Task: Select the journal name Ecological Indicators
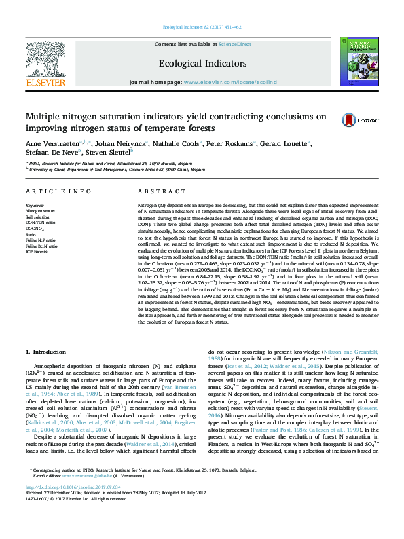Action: pyautogui.click(x=202, y=63)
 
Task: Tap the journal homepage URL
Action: pyautogui.click(x=230, y=82)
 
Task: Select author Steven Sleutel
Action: pyautogui.click(x=110, y=153)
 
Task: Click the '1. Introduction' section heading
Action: pyautogui.click(x=46, y=351)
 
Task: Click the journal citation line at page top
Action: pyautogui.click(x=202, y=27)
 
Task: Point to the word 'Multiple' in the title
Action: pyautogui.click(x=41, y=116)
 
